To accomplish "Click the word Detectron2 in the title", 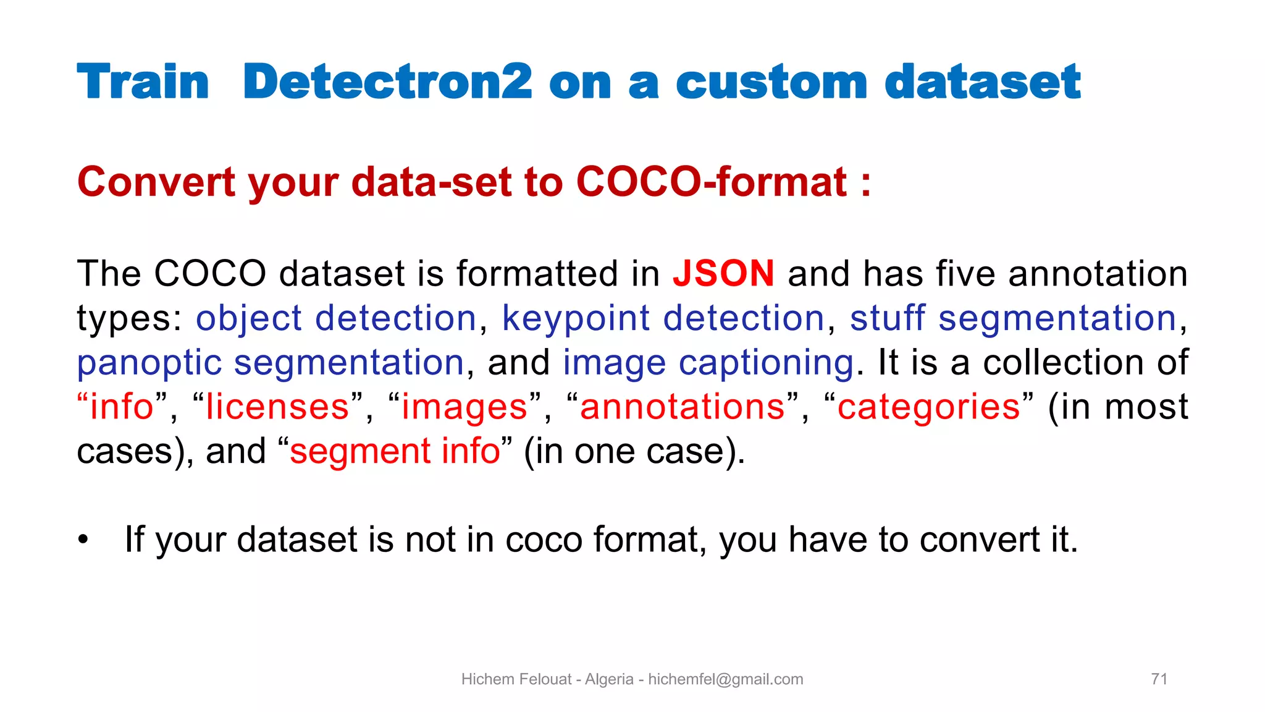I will pos(387,82).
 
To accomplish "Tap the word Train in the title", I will pos(143,82).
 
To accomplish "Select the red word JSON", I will pos(723,273).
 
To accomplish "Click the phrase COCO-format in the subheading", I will pos(711,182).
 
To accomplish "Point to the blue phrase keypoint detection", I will pos(663,318).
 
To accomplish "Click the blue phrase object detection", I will pos(336,318).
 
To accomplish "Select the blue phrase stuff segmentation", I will pos(1013,318).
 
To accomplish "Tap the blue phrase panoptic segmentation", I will pos(270,363).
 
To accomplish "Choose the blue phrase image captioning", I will pos(708,363).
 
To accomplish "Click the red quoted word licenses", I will pos(277,407).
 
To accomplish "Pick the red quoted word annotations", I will pos(682,407).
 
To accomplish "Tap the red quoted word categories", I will pos(928,407).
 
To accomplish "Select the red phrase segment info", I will pos(395,451).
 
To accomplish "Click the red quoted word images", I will pos(464,407).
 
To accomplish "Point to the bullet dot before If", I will pos(83,540).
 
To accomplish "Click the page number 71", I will pos(1159,679).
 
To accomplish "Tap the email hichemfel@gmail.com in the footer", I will pos(725,679).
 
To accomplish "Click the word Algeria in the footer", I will pos(609,679).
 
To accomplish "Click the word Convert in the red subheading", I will pos(156,182).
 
